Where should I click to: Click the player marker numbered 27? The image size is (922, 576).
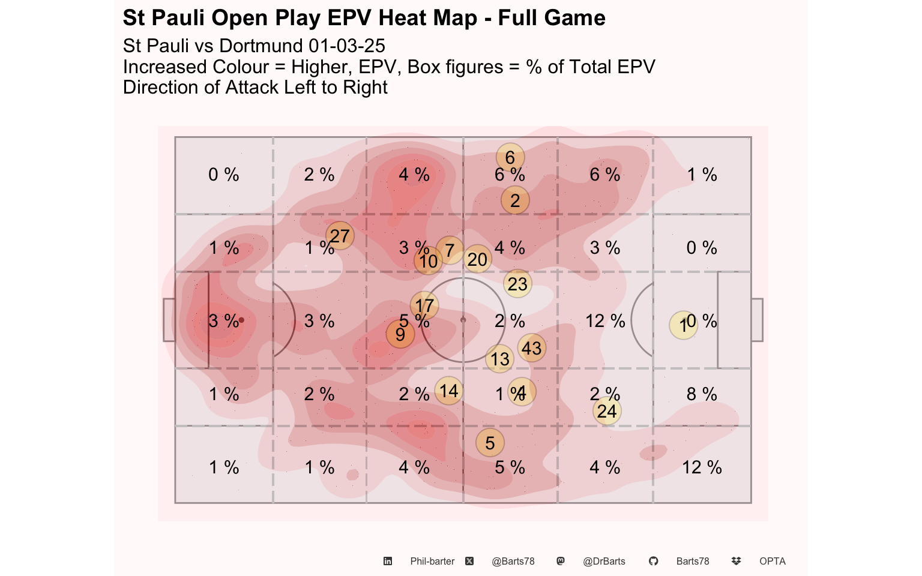point(340,236)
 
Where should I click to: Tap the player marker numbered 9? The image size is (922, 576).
point(400,334)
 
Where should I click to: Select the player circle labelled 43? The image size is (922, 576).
point(531,348)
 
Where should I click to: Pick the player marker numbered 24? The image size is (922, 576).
point(607,411)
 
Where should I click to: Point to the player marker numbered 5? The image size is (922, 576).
point(490,443)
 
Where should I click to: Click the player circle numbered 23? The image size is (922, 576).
point(517,284)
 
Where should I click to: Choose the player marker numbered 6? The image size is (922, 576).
point(510,157)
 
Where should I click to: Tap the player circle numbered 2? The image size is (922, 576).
point(515,200)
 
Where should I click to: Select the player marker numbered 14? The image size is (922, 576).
point(448,391)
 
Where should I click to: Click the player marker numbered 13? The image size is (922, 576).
point(499,359)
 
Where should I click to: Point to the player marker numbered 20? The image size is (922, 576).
point(477,259)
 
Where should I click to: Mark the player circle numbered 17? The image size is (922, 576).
point(424,305)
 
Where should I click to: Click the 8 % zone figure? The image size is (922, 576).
point(702,394)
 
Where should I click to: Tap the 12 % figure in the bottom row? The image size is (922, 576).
point(702,467)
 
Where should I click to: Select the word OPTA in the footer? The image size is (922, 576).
point(772,562)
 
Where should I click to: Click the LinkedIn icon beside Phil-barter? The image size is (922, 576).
point(388,562)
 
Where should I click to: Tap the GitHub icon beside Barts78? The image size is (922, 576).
point(653,562)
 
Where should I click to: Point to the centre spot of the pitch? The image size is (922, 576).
point(463,320)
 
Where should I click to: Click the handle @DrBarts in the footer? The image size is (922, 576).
point(604,562)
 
